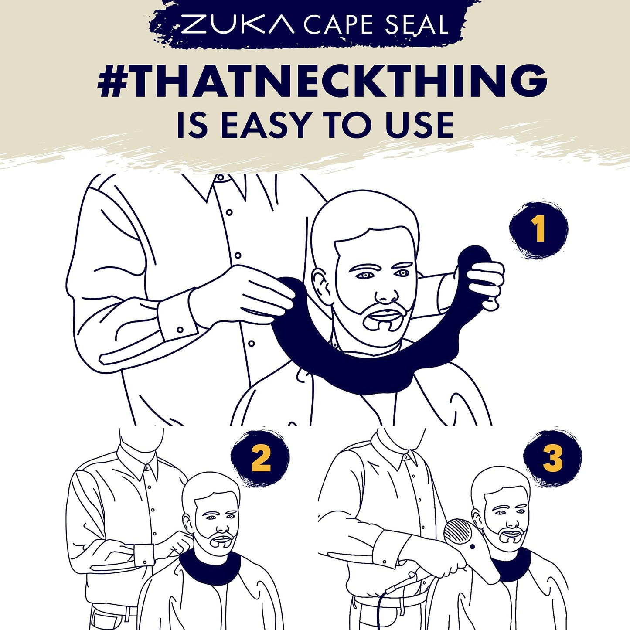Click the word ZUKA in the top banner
238,24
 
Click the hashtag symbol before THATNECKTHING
113,81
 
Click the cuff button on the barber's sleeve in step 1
180,329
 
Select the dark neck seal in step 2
211,563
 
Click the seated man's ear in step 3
477,518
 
